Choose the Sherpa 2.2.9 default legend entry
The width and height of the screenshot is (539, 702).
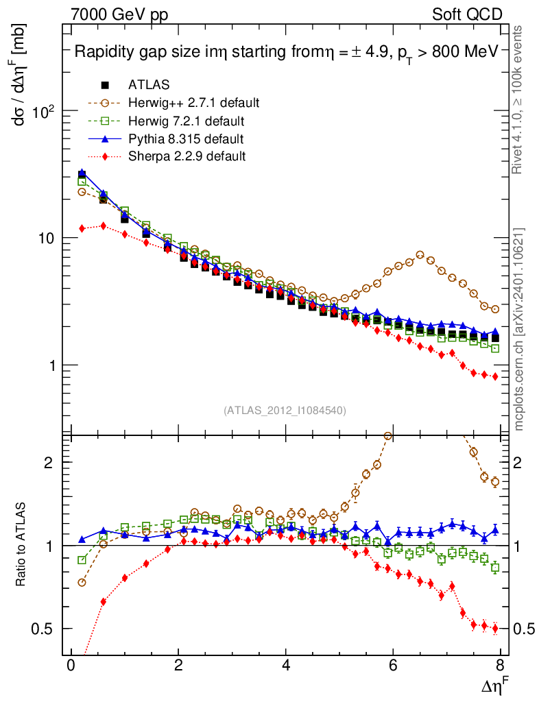pos(187,156)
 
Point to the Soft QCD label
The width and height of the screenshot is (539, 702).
pos(466,14)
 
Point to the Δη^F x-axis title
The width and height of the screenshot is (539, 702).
pos(493,686)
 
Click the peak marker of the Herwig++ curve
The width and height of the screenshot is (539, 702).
pos(420,255)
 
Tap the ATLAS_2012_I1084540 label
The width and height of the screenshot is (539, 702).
pos(285,411)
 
